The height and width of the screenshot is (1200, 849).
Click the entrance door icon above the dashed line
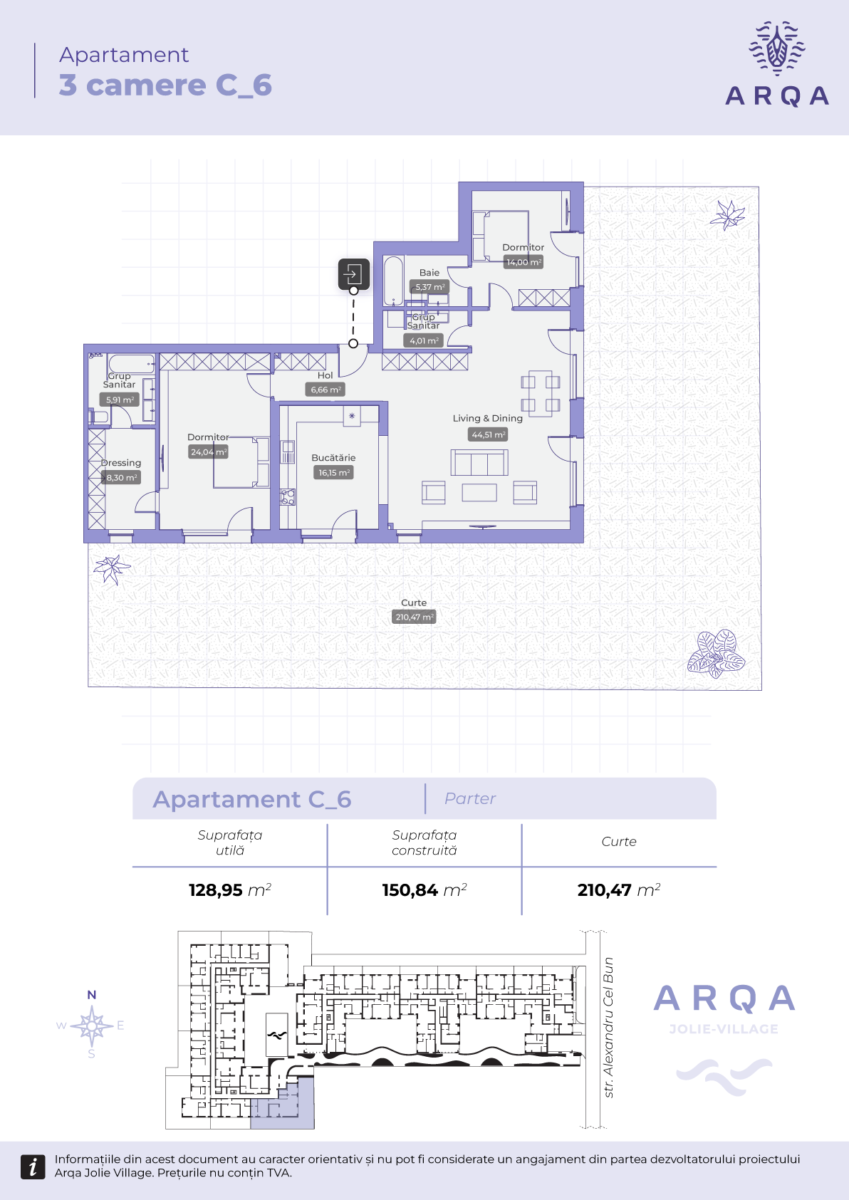353,274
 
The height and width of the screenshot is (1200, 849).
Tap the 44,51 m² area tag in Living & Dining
487,434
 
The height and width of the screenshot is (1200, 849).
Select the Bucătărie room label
333,457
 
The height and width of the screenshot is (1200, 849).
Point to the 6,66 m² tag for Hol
325,390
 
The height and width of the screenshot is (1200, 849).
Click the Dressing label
121,462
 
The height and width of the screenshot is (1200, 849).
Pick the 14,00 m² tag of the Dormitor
524,262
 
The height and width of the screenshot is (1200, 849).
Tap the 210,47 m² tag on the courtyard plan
414,617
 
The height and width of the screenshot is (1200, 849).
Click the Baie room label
429,273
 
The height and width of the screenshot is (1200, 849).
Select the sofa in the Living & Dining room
479,462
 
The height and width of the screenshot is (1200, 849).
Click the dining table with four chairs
540,393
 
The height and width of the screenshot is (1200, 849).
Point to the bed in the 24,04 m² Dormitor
241,462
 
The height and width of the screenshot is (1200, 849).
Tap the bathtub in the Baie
393,281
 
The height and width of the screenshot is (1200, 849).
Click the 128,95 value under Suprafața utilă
216,889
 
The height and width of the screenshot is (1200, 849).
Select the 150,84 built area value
410,889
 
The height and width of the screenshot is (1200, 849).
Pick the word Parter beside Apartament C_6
470,799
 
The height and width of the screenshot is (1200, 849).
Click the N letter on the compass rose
92,995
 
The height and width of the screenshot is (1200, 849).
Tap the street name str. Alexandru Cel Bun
608,1028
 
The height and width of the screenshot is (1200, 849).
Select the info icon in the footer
33,1167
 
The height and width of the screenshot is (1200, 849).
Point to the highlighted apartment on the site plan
282,1105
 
